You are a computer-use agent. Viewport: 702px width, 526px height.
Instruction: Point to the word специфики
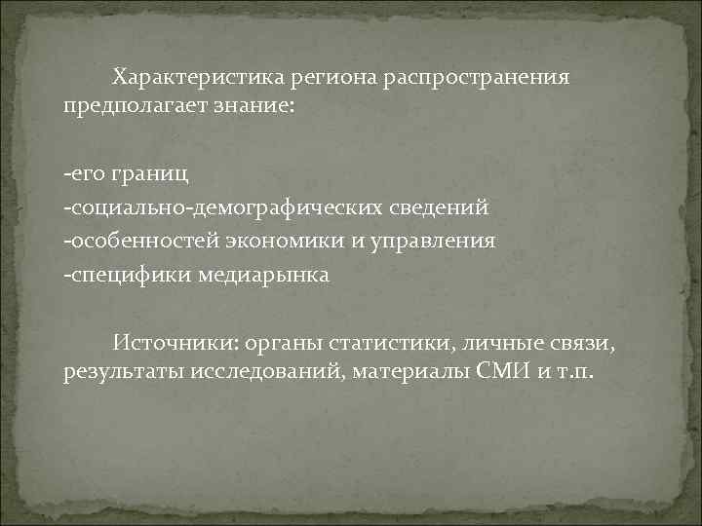[x=127, y=275]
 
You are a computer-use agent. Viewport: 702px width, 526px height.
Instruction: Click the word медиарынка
[x=263, y=275]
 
